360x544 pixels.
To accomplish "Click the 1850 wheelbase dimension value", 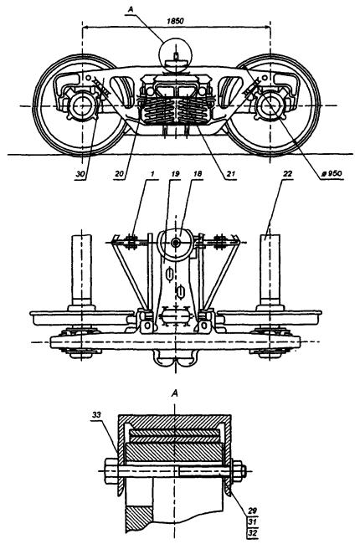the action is coord(175,21).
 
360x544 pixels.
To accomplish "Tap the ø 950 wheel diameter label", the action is coord(332,173).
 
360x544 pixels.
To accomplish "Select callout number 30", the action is coord(80,174).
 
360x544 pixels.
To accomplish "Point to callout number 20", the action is coord(119,174).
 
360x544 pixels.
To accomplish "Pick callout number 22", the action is coord(287,174).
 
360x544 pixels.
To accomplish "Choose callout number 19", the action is coord(175,174).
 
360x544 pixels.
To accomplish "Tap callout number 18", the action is coord(198,174).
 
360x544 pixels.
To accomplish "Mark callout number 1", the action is coord(152,174).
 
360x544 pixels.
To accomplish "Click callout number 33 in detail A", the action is coord(96,414).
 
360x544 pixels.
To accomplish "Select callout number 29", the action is coord(252,511).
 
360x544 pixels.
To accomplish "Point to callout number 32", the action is coord(252,533).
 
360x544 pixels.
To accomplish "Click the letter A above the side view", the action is coord(131,9).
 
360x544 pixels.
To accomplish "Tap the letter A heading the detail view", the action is coord(175,393).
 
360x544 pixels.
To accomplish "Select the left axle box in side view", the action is coord(82,105).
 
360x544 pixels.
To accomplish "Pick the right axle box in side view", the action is coord(270,105).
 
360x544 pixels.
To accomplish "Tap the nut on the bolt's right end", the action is coord(239,471).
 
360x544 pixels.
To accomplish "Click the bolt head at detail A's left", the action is coord(111,471).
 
